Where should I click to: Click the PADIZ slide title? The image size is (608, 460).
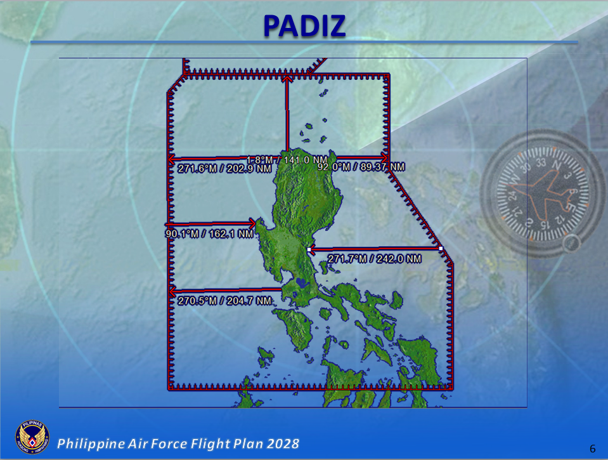pyautogui.click(x=304, y=25)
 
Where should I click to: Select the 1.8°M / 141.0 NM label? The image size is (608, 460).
pyautogui.click(x=287, y=160)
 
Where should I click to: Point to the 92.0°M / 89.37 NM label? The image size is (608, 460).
pyautogui.click(x=360, y=167)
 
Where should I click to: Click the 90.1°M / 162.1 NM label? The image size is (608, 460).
pyautogui.click(x=209, y=234)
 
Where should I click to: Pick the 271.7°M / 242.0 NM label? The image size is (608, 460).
pyautogui.click(x=374, y=259)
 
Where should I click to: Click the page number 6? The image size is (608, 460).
pyautogui.click(x=592, y=449)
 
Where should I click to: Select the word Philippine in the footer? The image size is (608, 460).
pyautogui.click(x=87, y=443)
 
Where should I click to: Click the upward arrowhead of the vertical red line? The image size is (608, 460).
pyautogui.click(x=287, y=78)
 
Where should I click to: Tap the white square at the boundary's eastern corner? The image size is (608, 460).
pyautogui.click(x=441, y=249)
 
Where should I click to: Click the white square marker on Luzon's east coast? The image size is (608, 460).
pyautogui.click(x=309, y=251)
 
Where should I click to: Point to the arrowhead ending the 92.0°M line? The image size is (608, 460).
pyautogui.click(x=384, y=157)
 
